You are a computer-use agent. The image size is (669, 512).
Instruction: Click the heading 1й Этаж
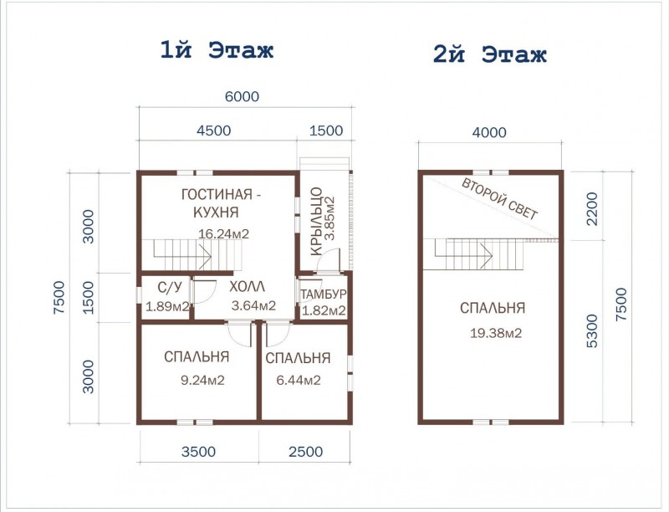[217, 50]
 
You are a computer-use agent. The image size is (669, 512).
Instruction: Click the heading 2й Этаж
[490, 54]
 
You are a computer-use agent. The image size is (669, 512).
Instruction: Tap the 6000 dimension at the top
[242, 96]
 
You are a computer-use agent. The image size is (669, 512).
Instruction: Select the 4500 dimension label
[214, 131]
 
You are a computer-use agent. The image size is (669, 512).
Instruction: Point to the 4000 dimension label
[489, 133]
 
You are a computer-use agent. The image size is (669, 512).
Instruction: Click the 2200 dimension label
[592, 208]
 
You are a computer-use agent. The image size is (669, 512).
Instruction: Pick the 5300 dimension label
[592, 331]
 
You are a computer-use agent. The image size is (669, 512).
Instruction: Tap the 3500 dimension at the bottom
[198, 452]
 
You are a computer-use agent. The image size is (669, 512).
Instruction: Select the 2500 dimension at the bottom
[305, 452]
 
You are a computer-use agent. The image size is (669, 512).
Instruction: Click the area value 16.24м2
[223, 233]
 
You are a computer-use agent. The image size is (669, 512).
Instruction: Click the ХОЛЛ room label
[247, 287]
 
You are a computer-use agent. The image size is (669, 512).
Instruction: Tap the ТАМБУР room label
[323, 294]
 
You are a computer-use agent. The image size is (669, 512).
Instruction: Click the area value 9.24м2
[202, 380]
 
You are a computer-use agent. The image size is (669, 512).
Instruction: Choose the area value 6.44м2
[299, 380]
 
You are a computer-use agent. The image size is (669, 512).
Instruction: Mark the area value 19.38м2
[496, 333]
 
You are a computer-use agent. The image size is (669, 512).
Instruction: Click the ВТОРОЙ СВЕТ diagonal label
[500, 199]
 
